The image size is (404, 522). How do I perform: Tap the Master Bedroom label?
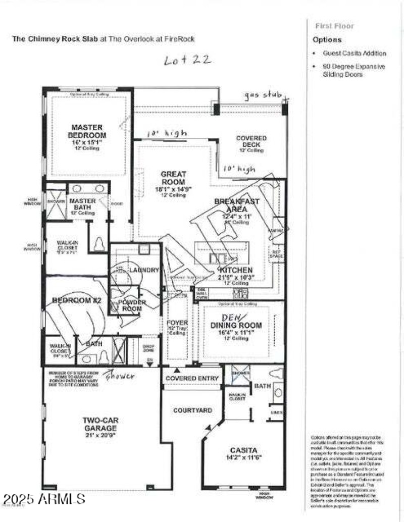pos(88,132)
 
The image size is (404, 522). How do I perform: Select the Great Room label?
pos(173,178)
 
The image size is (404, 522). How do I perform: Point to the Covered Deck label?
pos(251,141)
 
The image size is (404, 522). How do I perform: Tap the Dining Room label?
pos(230,326)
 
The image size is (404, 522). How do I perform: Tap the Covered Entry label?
pos(192,378)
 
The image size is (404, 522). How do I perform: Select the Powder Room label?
pos(132,305)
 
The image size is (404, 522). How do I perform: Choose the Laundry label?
pos(143,270)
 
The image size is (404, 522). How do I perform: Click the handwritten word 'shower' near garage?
pos(120,376)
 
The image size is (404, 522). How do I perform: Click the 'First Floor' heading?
pos(334,26)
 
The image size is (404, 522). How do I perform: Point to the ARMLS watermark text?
pos(43,500)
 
